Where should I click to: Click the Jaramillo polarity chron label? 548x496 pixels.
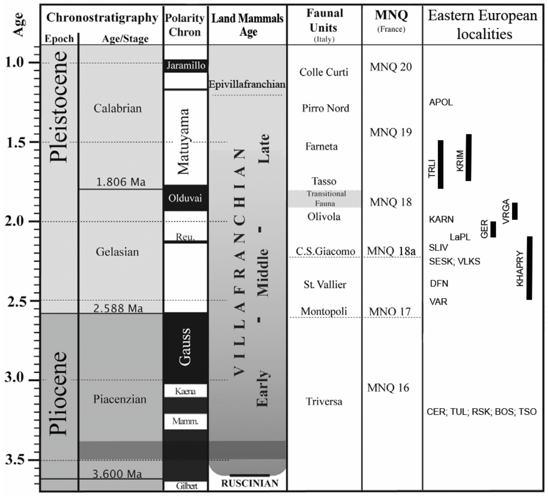(x=186, y=65)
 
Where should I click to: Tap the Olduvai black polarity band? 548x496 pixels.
(x=185, y=198)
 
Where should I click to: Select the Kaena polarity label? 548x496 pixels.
(x=185, y=391)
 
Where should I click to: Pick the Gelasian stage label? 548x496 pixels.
(x=117, y=252)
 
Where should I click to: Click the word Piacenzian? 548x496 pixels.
(x=120, y=399)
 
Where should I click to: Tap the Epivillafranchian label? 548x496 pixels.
(x=247, y=84)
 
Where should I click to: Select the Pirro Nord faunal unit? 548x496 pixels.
(x=325, y=108)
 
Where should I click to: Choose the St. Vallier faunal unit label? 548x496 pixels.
(x=325, y=284)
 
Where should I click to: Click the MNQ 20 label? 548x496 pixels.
(x=391, y=67)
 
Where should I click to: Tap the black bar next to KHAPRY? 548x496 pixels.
(x=529, y=268)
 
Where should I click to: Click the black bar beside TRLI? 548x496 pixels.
(x=440, y=164)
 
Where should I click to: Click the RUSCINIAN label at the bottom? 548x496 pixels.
(x=249, y=483)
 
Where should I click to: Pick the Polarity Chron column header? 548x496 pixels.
(x=185, y=25)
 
